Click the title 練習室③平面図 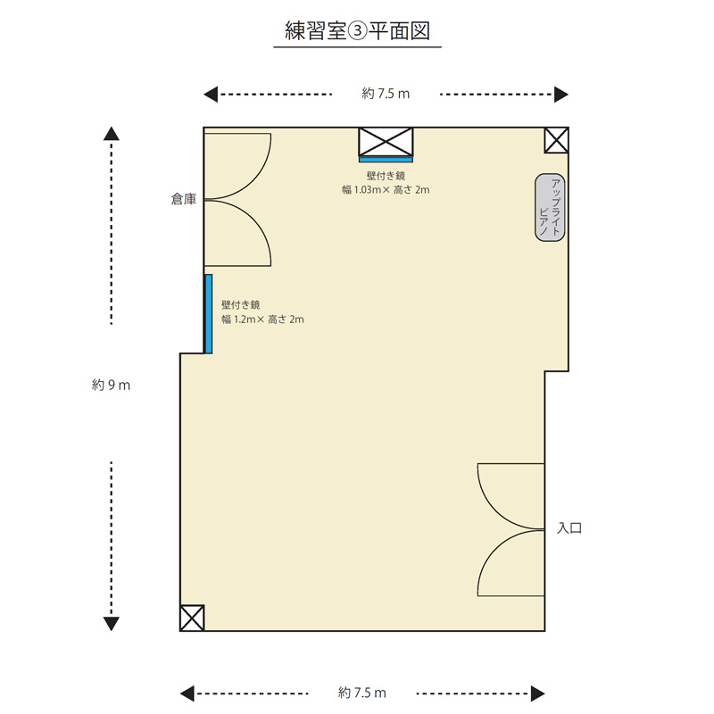(x=358, y=31)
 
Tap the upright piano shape (x=550, y=207)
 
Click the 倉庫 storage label (x=184, y=199)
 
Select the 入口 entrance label (x=569, y=528)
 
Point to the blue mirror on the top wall (x=386, y=160)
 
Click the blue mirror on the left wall (x=209, y=314)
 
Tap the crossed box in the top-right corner (x=556, y=140)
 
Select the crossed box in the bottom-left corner (x=192, y=618)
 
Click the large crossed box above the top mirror (x=386, y=142)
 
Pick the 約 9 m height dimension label (x=111, y=386)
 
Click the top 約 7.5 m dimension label (x=386, y=94)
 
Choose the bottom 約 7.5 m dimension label (x=362, y=693)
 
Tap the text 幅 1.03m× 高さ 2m (x=386, y=190)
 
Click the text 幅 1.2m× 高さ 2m (x=262, y=320)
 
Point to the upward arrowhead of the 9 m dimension (x=112, y=133)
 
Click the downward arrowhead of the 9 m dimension (x=112, y=624)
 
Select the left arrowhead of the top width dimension (x=211, y=95)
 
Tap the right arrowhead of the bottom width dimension (x=538, y=694)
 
